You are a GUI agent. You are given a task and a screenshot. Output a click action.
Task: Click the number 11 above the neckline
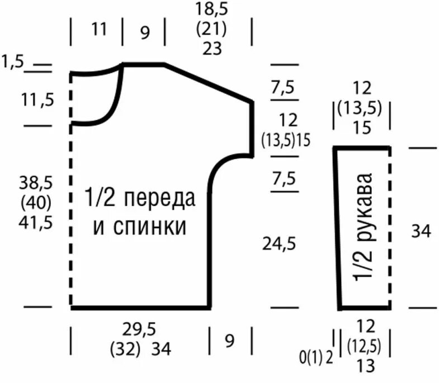[98, 30]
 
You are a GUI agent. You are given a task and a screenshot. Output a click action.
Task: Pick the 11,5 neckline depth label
[38, 100]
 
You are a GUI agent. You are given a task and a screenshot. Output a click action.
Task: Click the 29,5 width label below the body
[140, 328]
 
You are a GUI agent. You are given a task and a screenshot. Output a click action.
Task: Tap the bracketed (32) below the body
[124, 348]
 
